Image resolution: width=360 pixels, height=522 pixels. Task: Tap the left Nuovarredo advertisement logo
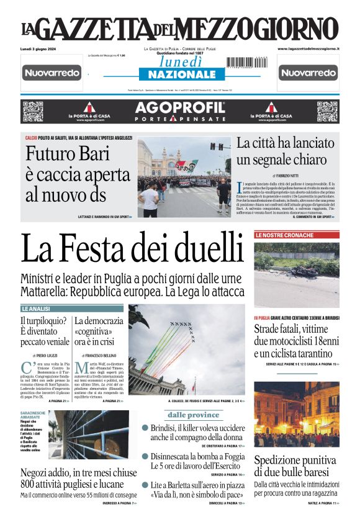pyautogui.click(x=52, y=73)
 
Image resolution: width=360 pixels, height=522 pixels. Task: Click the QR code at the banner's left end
pyautogui.click(x=32, y=112)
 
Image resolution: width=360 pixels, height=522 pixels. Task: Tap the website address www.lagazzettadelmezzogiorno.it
pyautogui.click(x=308, y=48)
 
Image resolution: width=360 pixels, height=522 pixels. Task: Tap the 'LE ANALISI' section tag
pyautogui.click(x=37, y=308)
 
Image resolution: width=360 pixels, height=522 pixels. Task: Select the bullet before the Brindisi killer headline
pyautogui.click(x=145, y=428)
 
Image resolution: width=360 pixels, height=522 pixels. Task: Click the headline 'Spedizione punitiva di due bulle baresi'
pyautogui.click(x=296, y=466)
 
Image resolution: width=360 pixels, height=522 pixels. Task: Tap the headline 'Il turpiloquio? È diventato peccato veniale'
pyautogui.click(x=45, y=331)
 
